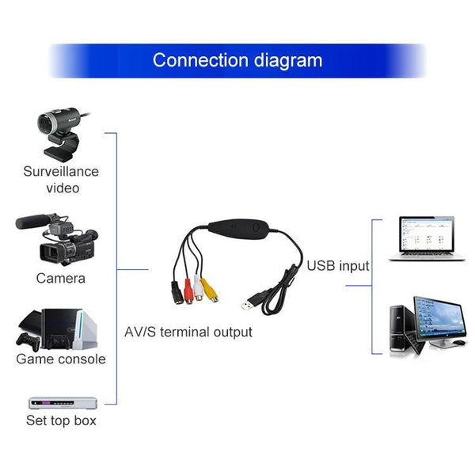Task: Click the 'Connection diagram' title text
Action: click(237, 61)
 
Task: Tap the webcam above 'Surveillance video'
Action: click(63, 134)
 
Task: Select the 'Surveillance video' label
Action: click(61, 180)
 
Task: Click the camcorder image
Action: click(57, 239)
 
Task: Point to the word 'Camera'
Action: click(61, 279)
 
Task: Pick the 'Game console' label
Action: click(61, 359)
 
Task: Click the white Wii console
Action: click(85, 329)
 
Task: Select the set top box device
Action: click(63, 403)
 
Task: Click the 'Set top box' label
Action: click(61, 420)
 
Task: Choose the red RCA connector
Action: click(188, 291)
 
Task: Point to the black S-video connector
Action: click(177, 293)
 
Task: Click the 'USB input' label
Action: click(338, 266)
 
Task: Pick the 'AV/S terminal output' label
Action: click(188, 332)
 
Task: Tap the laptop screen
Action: click(427, 234)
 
